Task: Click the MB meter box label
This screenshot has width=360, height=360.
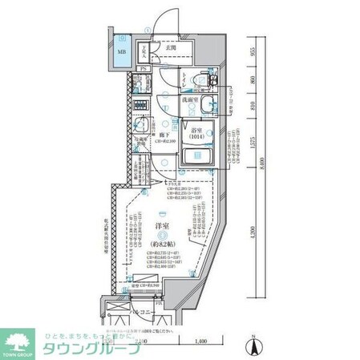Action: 122,55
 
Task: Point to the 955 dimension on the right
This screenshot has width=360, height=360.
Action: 251,51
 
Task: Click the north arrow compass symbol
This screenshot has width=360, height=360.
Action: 253,348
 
